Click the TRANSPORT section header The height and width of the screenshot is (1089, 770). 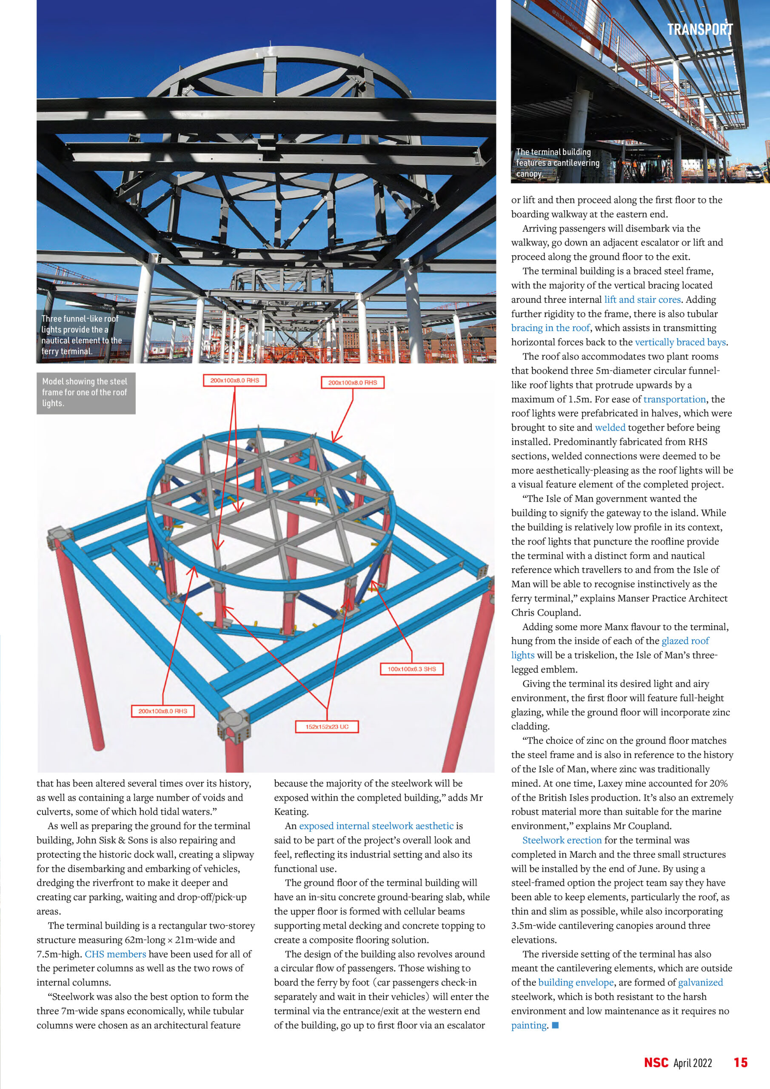699,29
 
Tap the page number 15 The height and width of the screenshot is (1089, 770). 741,1063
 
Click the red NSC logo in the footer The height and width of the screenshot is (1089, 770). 656,1063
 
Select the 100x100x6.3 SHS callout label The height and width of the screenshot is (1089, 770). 411,669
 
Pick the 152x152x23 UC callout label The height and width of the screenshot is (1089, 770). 327,727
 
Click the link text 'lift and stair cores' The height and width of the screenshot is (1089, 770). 642,299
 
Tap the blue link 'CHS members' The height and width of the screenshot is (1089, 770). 115,954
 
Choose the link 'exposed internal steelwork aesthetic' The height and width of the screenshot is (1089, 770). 376,826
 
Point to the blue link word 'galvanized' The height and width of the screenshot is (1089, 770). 700,982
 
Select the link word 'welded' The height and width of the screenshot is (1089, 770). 610,428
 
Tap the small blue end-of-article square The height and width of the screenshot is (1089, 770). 556,1025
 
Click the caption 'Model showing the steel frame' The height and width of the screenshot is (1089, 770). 85,392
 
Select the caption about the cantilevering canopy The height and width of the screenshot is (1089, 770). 557,162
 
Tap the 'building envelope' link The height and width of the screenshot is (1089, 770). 576,982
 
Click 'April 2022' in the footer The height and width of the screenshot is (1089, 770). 693,1063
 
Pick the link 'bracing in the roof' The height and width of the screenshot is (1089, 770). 550,328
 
